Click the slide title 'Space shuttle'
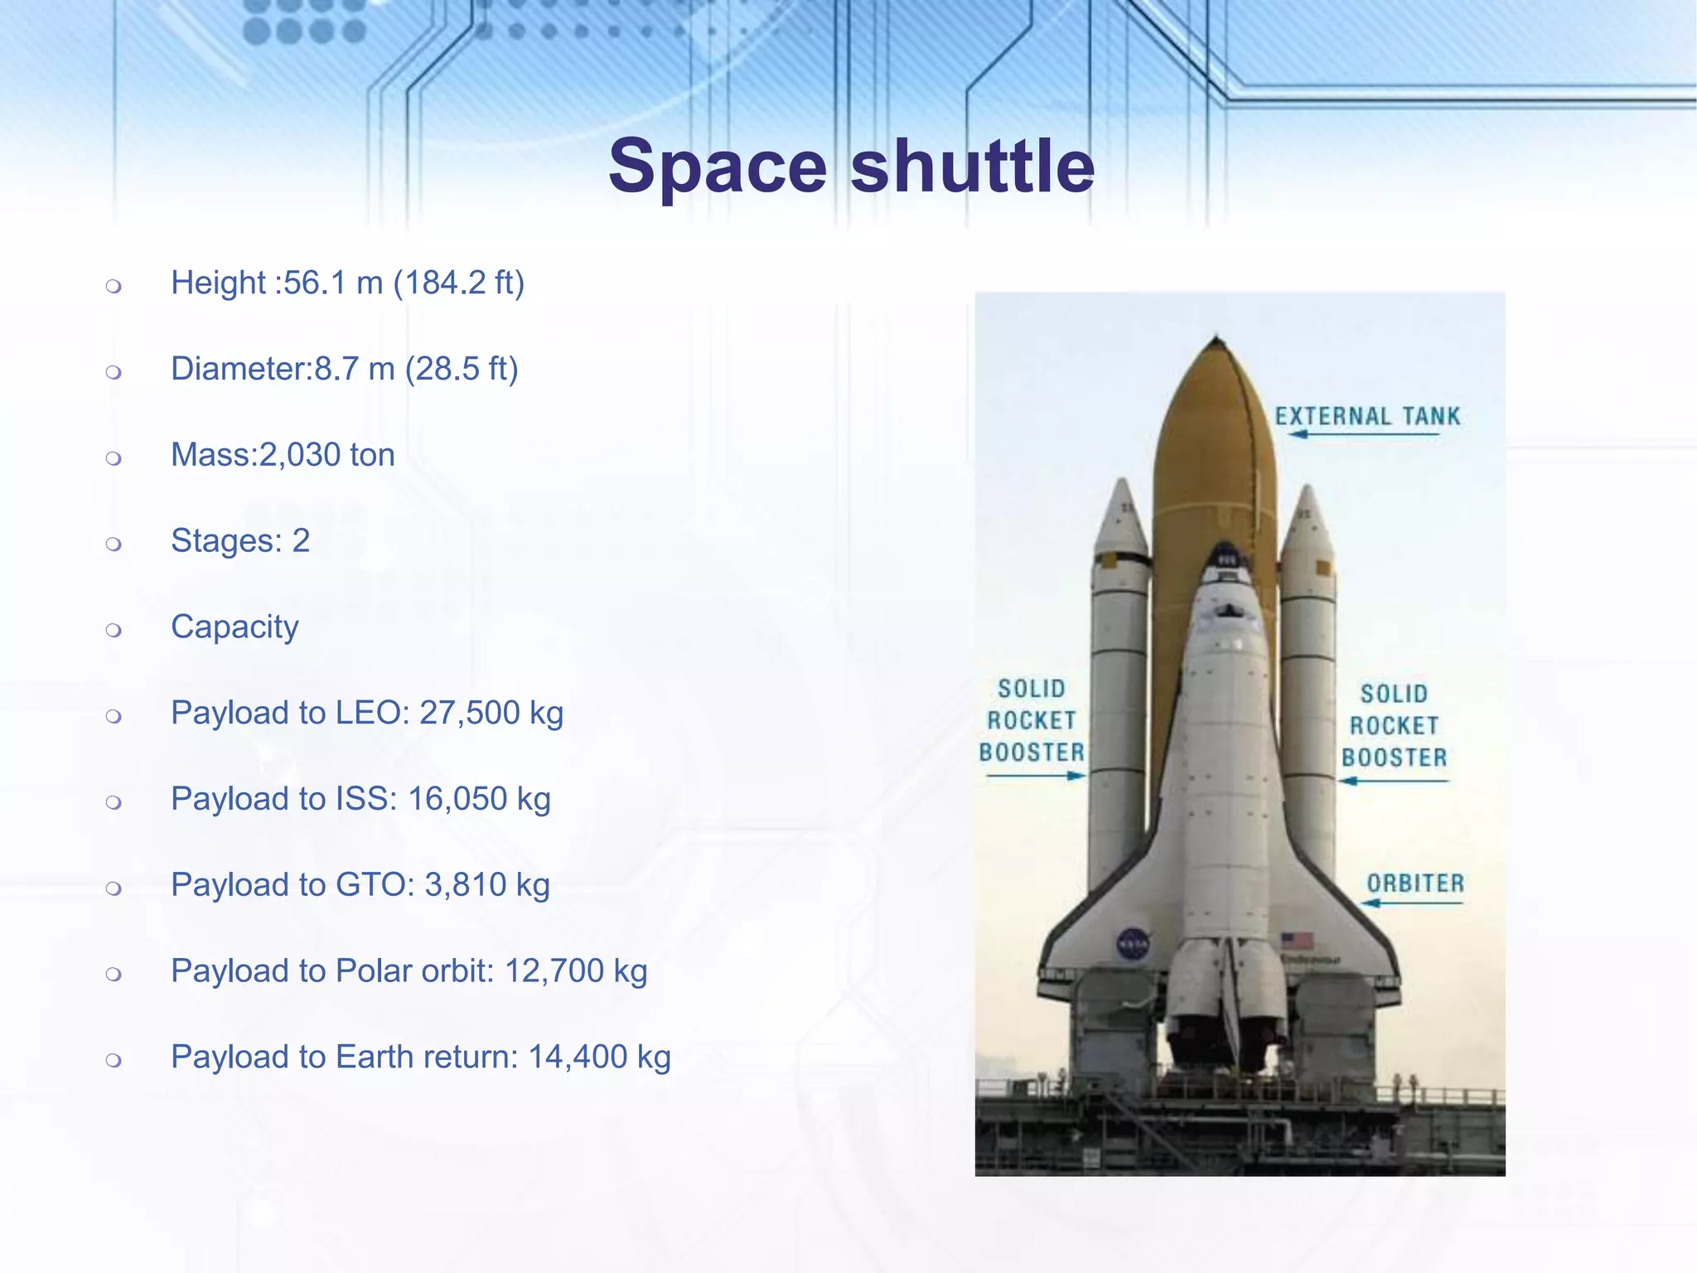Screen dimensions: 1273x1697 pyautogui.click(x=851, y=167)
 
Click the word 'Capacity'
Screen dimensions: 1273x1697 pyautogui.click(x=234, y=627)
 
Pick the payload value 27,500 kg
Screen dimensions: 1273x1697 pyautogui.click(x=491, y=713)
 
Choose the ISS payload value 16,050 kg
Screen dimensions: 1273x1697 pyautogui.click(x=479, y=799)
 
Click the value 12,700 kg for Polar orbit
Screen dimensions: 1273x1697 pyautogui.click(x=576, y=971)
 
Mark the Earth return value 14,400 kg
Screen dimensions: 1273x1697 pyautogui.click(x=599, y=1058)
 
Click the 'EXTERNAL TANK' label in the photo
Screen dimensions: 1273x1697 pyautogui.click(x=1367, y=416)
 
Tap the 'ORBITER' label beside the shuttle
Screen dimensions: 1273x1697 pyautogui.click(x=1415, y=883)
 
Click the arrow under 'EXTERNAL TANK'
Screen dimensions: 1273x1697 pyautogui.click(x=1367, y=434)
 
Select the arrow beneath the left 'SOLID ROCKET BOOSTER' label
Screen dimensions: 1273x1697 pyautogui.click(x=1036, y=777)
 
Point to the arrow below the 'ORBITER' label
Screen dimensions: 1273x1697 pyautogui.click(x=1412, y=903)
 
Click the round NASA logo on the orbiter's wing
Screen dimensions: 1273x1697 pyautogui.click(x=1133, y=944)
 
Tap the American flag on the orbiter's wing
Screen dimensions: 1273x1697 pyautogui.click(x=1297, y=941)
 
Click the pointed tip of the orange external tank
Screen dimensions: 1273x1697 pyautogui.click(x=1216, y=339)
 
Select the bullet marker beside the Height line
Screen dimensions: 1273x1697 pyautogui.click(x=114, y=287)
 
